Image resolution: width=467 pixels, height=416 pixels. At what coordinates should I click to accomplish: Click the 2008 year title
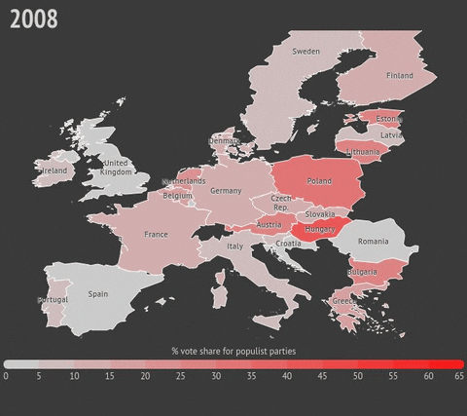click(34, 19)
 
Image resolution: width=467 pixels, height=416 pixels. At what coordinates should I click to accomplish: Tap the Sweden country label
click(305, 52)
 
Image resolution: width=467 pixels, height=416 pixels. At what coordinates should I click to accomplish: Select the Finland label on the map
click(399, 76)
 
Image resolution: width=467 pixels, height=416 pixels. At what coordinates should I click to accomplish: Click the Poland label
click(319, 181)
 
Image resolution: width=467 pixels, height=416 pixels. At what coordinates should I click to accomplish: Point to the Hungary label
click(320, 230)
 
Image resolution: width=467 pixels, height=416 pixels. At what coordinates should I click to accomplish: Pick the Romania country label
click(373, 241)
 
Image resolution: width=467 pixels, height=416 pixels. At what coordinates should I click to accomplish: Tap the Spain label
click(98, 293)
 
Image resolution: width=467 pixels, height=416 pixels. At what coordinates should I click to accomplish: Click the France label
click(156, 235)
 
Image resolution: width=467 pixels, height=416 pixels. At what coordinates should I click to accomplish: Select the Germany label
click(226, 191)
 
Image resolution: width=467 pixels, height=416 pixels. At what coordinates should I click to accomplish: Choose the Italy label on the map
click(235, 246)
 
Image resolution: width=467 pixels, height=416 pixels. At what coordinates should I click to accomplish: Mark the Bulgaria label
click(363, 272)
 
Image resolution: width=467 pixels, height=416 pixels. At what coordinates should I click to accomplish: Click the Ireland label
click(54, 170)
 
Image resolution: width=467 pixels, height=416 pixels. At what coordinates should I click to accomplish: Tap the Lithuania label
click(363, 153)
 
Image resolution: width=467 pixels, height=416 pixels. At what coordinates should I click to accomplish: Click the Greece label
click(345, 301)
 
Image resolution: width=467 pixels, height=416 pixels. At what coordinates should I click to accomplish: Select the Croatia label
click(288, 244)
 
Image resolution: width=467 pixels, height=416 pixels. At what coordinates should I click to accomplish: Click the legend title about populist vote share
click(233, 350)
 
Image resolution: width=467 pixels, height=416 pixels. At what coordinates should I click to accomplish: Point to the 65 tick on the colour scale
click(458, 375)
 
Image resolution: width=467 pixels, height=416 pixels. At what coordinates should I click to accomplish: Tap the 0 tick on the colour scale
click(6, 375)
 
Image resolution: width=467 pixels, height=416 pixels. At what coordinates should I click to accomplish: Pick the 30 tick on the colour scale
click(215, 375)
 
